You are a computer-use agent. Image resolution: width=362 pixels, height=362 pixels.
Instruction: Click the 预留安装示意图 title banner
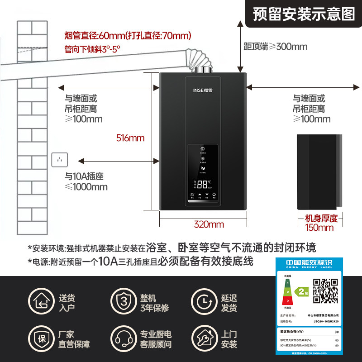pos(304,14)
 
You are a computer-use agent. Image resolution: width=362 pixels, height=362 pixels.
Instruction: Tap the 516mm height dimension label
pos(130,138)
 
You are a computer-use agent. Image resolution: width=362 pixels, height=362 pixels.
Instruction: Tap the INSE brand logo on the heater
pos(203,84)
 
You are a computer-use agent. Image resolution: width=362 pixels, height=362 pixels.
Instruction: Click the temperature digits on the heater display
pos(204,184)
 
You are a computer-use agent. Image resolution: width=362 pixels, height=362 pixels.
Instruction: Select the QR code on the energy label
pos(325,291)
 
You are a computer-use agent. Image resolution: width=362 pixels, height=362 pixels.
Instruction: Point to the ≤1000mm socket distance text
pos(86,187)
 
